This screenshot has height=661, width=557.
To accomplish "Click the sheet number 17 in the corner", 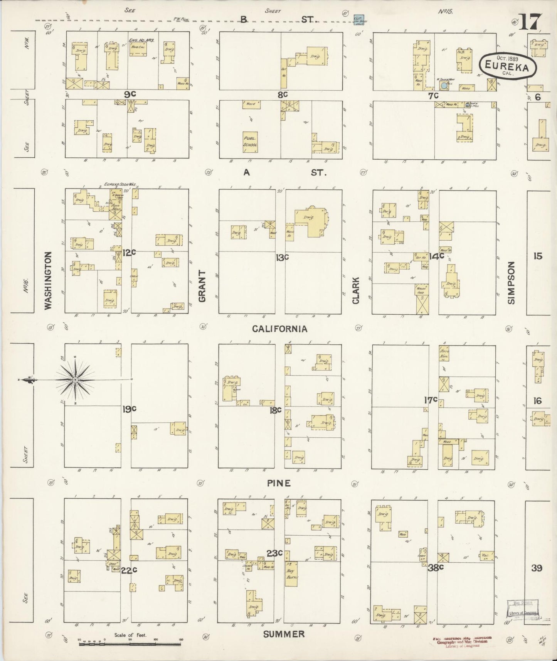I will coord(531,22).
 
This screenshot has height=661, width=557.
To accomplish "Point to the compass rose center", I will coord(76,380).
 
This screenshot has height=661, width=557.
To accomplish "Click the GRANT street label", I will coord(202,286).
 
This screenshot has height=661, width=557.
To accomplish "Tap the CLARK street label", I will coord(355,290).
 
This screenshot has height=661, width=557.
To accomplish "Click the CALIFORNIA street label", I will coord(280,329).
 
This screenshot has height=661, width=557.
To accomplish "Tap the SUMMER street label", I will coord(284,634).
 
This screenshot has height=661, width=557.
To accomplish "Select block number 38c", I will coord(436,567).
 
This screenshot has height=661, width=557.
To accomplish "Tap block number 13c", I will coord(282,257).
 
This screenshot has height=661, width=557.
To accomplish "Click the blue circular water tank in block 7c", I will coord(444,86).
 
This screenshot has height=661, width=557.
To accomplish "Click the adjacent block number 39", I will coord(537,568).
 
